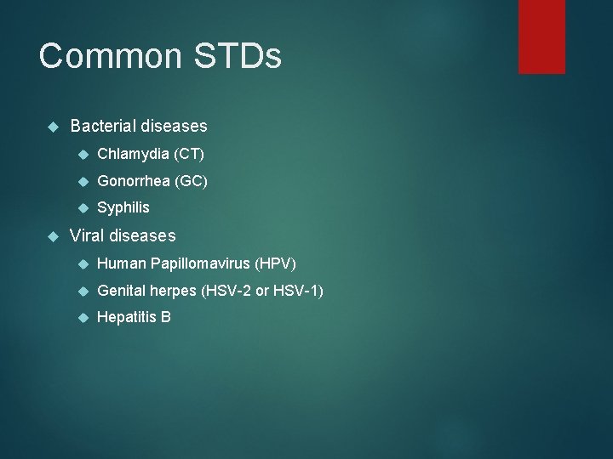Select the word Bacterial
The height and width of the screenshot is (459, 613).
point(104,126)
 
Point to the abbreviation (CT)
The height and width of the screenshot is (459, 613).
point(189,154)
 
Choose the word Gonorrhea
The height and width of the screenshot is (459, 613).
point(135,181)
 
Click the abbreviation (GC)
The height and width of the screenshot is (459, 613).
point(192,181)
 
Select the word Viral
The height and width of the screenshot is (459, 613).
point(88,235)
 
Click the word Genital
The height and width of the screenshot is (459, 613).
point(123,291)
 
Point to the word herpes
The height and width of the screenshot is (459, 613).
point(174,291)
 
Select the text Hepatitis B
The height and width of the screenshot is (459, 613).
point(134,318)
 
